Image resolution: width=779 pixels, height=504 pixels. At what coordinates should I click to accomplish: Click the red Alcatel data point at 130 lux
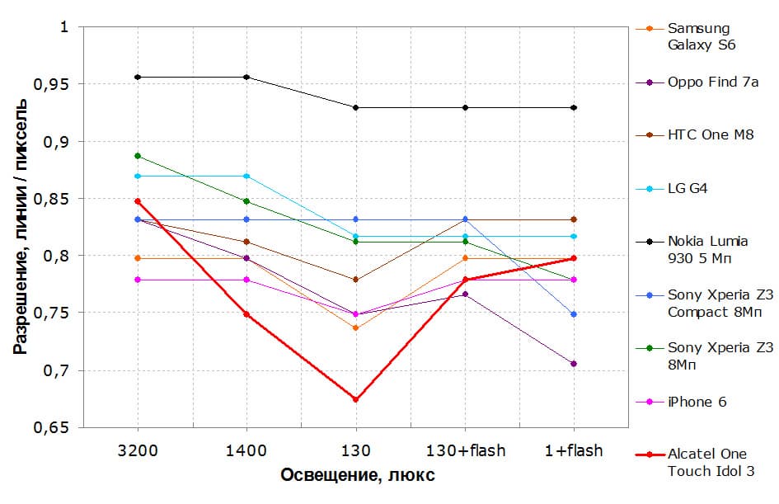tap(356, 399)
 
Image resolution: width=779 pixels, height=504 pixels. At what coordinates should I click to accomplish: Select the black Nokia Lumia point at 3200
tap(138, 77)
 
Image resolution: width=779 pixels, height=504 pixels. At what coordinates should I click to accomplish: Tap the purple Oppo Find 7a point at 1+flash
tap(574, 364)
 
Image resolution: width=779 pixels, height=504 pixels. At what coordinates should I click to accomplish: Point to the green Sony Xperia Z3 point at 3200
tap(138, 156)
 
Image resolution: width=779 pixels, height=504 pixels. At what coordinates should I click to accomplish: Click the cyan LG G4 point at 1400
tap(246, 177)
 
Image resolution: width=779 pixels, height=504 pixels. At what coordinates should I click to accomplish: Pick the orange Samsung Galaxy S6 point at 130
tap(356, 328)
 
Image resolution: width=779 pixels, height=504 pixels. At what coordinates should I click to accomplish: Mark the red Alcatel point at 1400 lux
tap(246, 314)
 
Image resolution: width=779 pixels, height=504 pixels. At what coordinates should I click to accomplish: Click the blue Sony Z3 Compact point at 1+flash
tap(574, 314)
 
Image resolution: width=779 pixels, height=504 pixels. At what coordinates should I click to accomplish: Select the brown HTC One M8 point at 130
tap(356, 280)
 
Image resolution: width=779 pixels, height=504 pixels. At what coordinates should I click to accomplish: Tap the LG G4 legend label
tap(688, 189)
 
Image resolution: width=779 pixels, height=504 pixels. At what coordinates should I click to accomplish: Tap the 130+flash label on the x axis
tap(465, 450)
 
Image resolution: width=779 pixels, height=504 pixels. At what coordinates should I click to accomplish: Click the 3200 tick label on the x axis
tap(138, 450)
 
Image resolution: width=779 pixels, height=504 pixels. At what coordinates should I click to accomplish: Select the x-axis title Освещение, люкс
tap(356, 476)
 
